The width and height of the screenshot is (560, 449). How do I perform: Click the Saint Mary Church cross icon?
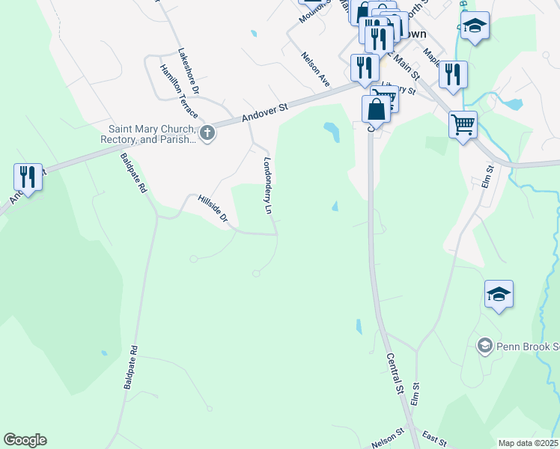click(x=207, y=134)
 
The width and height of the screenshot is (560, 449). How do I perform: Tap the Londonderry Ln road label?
click(x=267, y=186)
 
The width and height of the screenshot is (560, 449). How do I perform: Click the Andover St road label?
click(x=264, y=113)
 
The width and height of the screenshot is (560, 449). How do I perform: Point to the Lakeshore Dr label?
click(x=189, y=71)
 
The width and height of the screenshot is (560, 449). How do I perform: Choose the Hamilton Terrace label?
click(x=178, y=91)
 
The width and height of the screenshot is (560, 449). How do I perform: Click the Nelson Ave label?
click(x=315, y=69)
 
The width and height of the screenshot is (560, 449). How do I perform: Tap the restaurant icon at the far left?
click(x=28, y=177)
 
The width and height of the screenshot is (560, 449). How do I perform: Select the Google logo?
click(x=25, y=440)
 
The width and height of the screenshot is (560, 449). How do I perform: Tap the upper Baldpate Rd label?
click(x=133, y=174)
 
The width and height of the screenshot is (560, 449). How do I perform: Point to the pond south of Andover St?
click(x=331, y=132)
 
